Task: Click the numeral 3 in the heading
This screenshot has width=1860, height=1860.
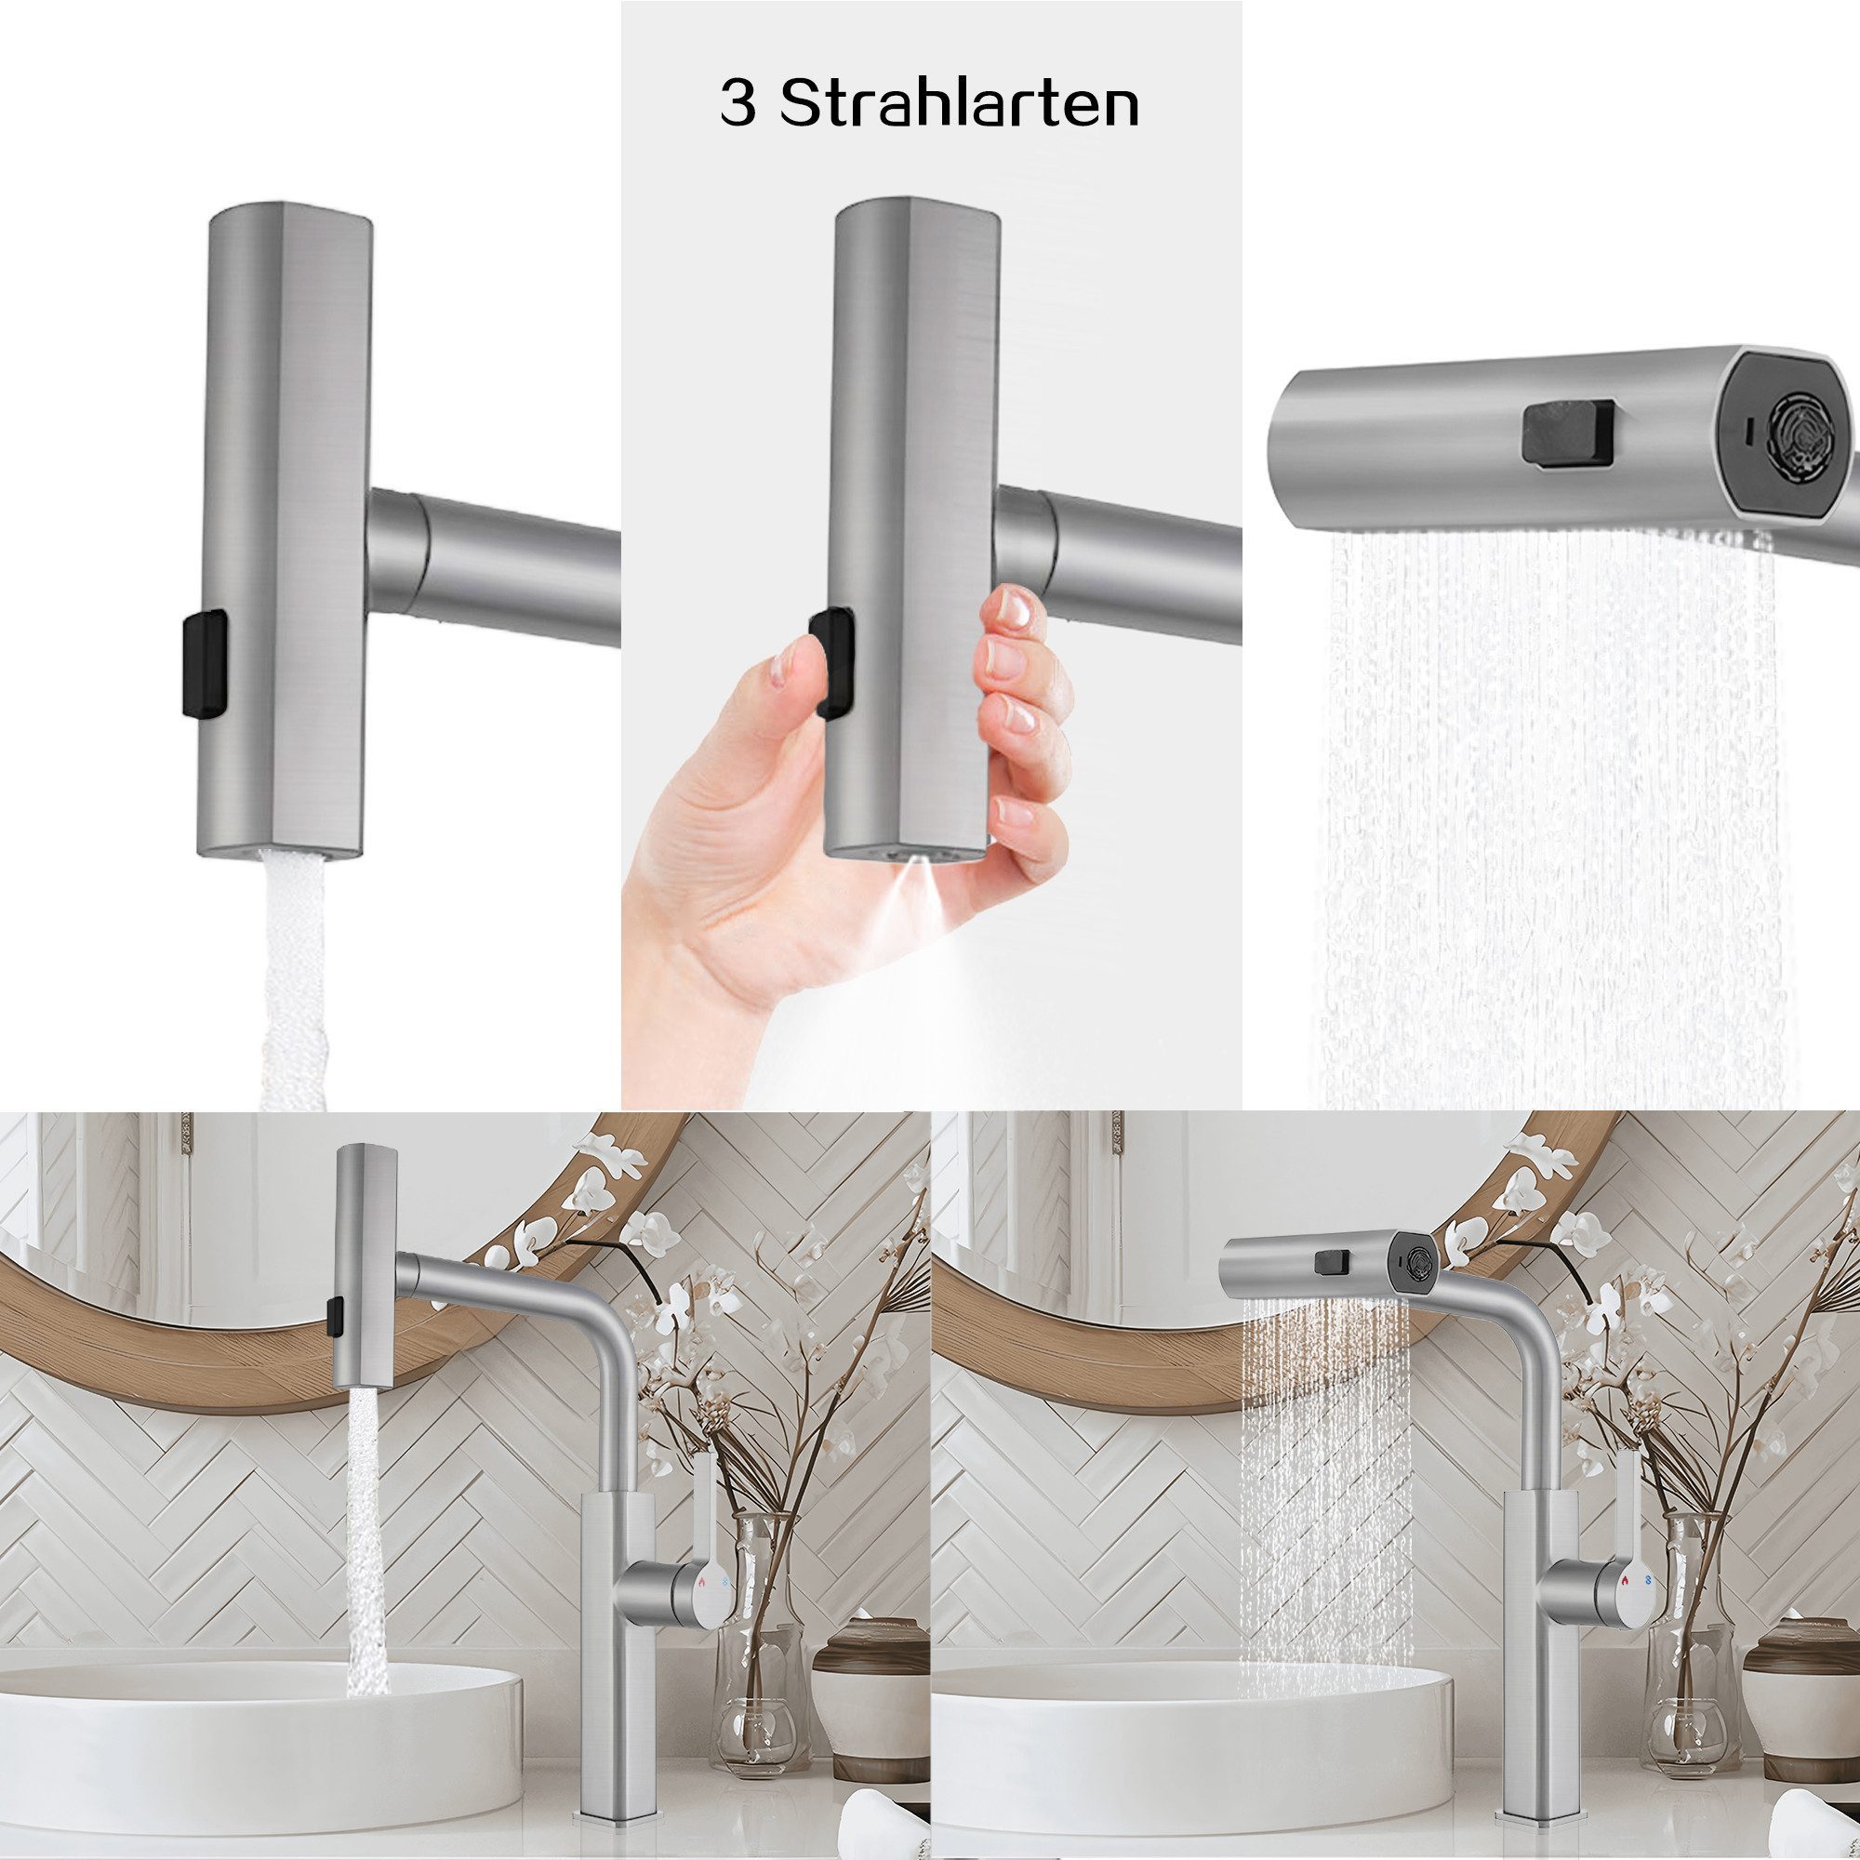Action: (x=739, y=106)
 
